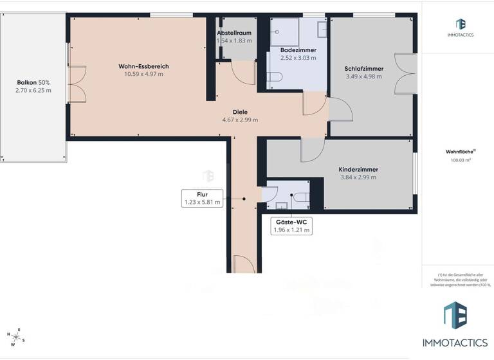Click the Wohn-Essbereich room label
click(143, 66)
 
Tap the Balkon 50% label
click(33, 82)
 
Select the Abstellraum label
click(234, 32)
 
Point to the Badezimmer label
click(298, 49)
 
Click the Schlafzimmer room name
click(363, 68)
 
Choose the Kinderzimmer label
click(358, 169)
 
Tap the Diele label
click(240, 111)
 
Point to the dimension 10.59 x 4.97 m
click(143, 74)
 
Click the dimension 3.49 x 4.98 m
click(363, 76)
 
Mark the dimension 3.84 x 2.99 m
click(358, 177)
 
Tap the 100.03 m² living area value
click(461, 161)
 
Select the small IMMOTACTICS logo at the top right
click(460, 27)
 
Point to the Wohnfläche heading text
click(460, 152)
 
